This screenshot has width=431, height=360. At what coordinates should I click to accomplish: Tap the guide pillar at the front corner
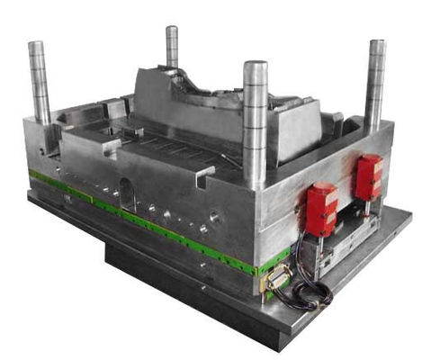(256, 126)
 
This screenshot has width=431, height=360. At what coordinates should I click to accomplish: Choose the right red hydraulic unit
(369, 176)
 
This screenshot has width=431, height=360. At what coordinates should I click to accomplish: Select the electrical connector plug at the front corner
(275, 280)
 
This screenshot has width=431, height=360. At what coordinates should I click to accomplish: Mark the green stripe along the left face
(135, 216)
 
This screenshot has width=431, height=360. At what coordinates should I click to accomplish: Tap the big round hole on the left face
(214, 217)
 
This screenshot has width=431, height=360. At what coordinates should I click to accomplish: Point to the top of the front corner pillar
(256, 67)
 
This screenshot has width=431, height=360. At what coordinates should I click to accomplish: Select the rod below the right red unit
(366, 211)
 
